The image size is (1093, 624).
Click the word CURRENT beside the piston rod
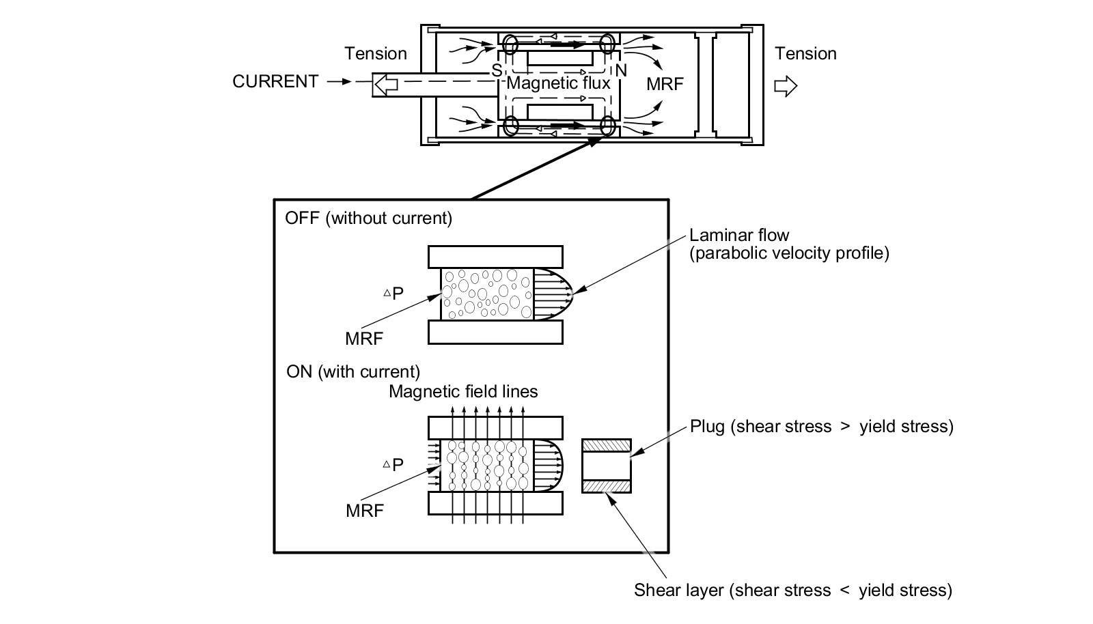[x=275, y=81]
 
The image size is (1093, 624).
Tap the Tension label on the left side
[x=376, y=54]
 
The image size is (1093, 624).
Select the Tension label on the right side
[x=805, y=54]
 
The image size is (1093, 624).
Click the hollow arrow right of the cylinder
[x=786, y=86]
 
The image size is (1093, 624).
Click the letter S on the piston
[x=497, y=71]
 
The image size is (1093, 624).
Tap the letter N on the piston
[x=621, y=71]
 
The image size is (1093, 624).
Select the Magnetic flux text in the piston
[x=558, y=83]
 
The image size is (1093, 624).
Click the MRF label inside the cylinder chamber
[x=665, y=85]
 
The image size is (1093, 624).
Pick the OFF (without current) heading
[x=368, y=218]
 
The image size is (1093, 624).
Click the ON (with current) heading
[x=352, y=372]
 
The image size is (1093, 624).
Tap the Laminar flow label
[x=738, y=236]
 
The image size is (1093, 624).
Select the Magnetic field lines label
[x=463, y=391]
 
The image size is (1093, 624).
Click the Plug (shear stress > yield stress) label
[x=821, y=427]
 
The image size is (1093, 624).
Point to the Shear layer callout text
[x=793, y=591]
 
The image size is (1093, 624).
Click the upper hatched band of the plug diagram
[x=607, y=446]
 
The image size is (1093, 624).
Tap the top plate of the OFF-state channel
[x=495, y=257]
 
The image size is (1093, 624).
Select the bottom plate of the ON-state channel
[x=495, y=503]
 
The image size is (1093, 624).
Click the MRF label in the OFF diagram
[x=364, y=339]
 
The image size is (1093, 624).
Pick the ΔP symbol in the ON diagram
[x=393, y=465]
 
